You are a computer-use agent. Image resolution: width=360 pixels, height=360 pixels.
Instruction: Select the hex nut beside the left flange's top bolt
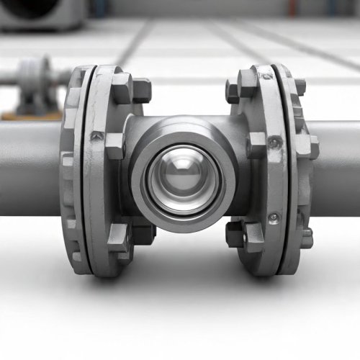(x=141, y=90)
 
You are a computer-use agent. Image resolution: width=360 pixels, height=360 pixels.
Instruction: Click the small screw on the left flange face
(x=96, y=135)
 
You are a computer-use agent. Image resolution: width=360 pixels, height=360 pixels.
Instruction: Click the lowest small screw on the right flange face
(x=274, y=218)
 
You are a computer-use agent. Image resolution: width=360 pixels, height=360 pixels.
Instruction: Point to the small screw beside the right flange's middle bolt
(x=272, y=143)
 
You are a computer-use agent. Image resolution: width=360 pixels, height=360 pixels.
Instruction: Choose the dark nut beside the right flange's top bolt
(x=232, y=91)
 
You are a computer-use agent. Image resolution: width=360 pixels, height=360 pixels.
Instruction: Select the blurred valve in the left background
(x=32, y=83)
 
